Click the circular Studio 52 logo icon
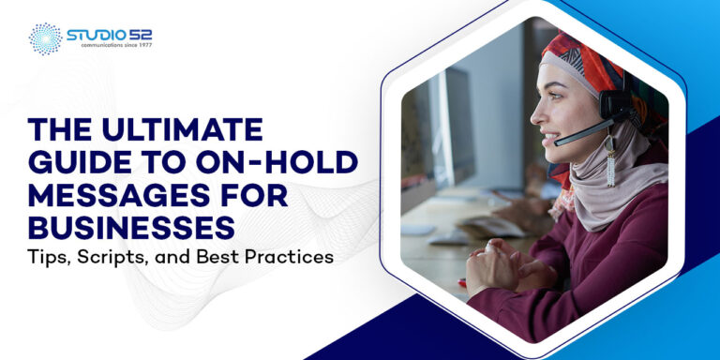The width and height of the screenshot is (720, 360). tap(44, 38)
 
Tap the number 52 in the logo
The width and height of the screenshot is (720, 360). tap(140, 35)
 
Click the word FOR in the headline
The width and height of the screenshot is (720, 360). tap(259, 194)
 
